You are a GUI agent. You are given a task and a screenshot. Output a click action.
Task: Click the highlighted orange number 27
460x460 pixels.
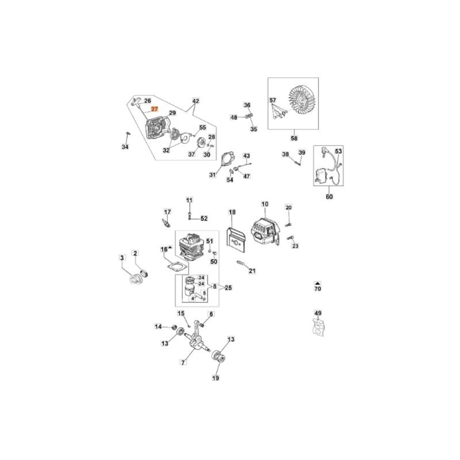155,109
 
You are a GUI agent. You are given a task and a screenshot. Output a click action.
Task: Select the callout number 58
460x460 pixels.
294,138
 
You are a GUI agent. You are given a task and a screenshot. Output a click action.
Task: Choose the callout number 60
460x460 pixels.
329,196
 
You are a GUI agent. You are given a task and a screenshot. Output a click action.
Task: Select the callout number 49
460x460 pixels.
318,313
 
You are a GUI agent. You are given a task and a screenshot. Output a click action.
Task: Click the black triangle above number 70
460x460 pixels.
317,283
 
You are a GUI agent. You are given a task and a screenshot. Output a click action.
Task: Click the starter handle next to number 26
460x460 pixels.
136,102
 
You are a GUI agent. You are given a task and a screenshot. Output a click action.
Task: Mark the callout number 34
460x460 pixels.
125,147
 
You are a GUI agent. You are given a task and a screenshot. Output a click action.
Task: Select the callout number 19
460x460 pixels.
216,378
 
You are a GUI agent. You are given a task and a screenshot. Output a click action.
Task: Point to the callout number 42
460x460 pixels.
195,101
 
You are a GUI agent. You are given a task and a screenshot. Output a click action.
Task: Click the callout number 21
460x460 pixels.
252,271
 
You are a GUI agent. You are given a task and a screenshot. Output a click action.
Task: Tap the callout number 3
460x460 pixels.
122,258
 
